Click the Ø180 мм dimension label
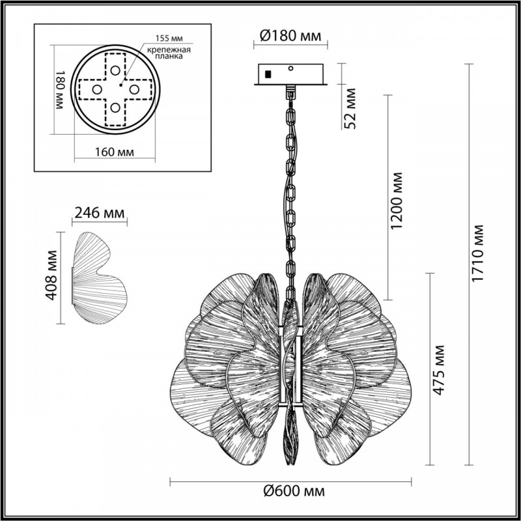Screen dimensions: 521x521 pyautogui.click(x=290, y=35)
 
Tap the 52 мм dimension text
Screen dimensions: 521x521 pyautogui.click(x=350, y=108)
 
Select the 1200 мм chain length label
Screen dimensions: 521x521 pyautogui.click(x=397, y=201)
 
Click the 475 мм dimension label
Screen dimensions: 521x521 pyautogui.click(x=438, y=370)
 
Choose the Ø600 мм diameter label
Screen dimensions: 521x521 pyautogui.click(x=294, y=490)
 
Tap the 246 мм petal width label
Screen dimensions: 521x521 pyautogui.click(x=100, y=213)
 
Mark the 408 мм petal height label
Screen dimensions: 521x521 pyautogui.click(x=51, y=275)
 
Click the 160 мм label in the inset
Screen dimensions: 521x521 pyautogui.click(x=115, y=152)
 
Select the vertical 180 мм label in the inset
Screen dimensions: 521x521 pyautogui.click(x=59, y=90)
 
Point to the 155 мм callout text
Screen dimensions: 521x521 pyautogui.click(x=169, y=38)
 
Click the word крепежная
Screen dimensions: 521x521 pyautogui.click(x=169, y=50)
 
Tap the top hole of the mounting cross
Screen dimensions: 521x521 pyautogui.click(x=115, y=70)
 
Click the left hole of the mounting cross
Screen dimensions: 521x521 pyautogui.click(x=97, y=89)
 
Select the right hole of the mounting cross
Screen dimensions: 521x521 pyautogui.click(x=134, y=89)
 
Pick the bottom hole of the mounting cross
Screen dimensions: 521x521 pyautogui.click(x=115, y=107)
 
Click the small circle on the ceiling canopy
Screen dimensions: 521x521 pyautogui.click(x=290, y=68)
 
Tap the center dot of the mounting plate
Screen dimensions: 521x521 pyautogui.click(x=121, y=85)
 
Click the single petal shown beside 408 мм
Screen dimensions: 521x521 pyautogui.click(x=99, y=278)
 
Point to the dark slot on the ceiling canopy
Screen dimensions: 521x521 pyautogui.click(x=267, y=74)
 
